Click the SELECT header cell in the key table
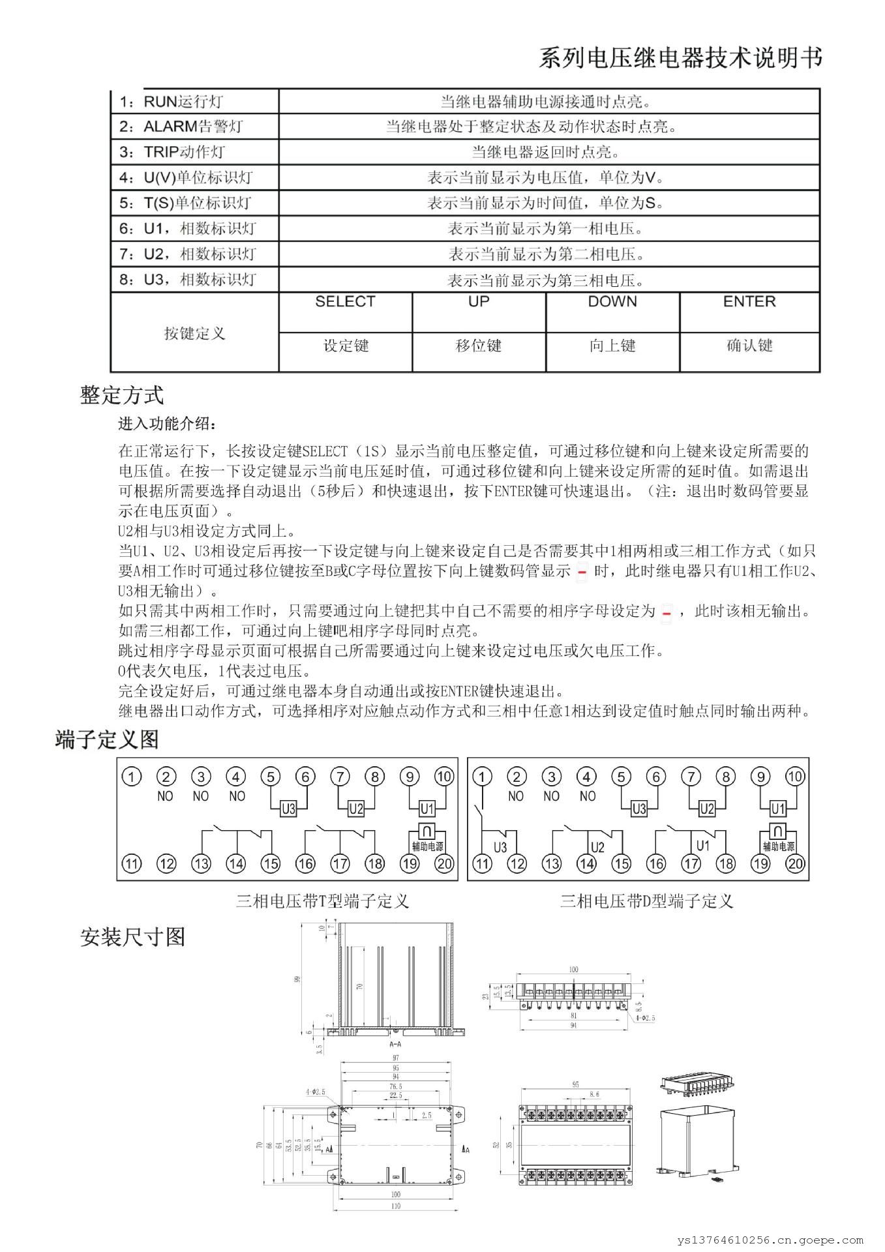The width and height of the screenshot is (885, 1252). click(x=345, y=302)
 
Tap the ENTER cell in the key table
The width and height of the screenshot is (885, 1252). click(x=749, y=302)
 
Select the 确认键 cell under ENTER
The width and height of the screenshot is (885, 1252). click(x=749, y=346)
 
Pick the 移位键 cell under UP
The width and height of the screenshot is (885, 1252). click(x=478, y=346)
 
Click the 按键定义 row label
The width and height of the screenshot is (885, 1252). click(x=194, y=333)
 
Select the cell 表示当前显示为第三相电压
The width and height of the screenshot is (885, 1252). click(x=547, y=281)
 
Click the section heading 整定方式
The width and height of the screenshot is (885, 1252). click(x=122, y=395)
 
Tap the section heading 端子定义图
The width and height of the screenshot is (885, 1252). click(x=107, y=739)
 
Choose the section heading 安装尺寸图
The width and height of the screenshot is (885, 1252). click(x=132, y=937)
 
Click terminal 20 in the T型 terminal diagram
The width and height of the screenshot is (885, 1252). click(x=444, y=864)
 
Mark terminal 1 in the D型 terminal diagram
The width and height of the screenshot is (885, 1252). click(x=482, y=777)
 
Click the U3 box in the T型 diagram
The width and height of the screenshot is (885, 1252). click(x=288, y=809)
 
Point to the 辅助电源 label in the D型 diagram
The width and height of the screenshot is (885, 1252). click(x=778, y=846)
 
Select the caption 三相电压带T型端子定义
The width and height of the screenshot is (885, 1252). click(x=322, y=901)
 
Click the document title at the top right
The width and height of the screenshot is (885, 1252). click(x=680, y=58)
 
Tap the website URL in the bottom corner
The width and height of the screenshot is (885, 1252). click(x=771, y=1241)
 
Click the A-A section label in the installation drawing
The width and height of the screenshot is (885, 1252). click(x=395, y=1044)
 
